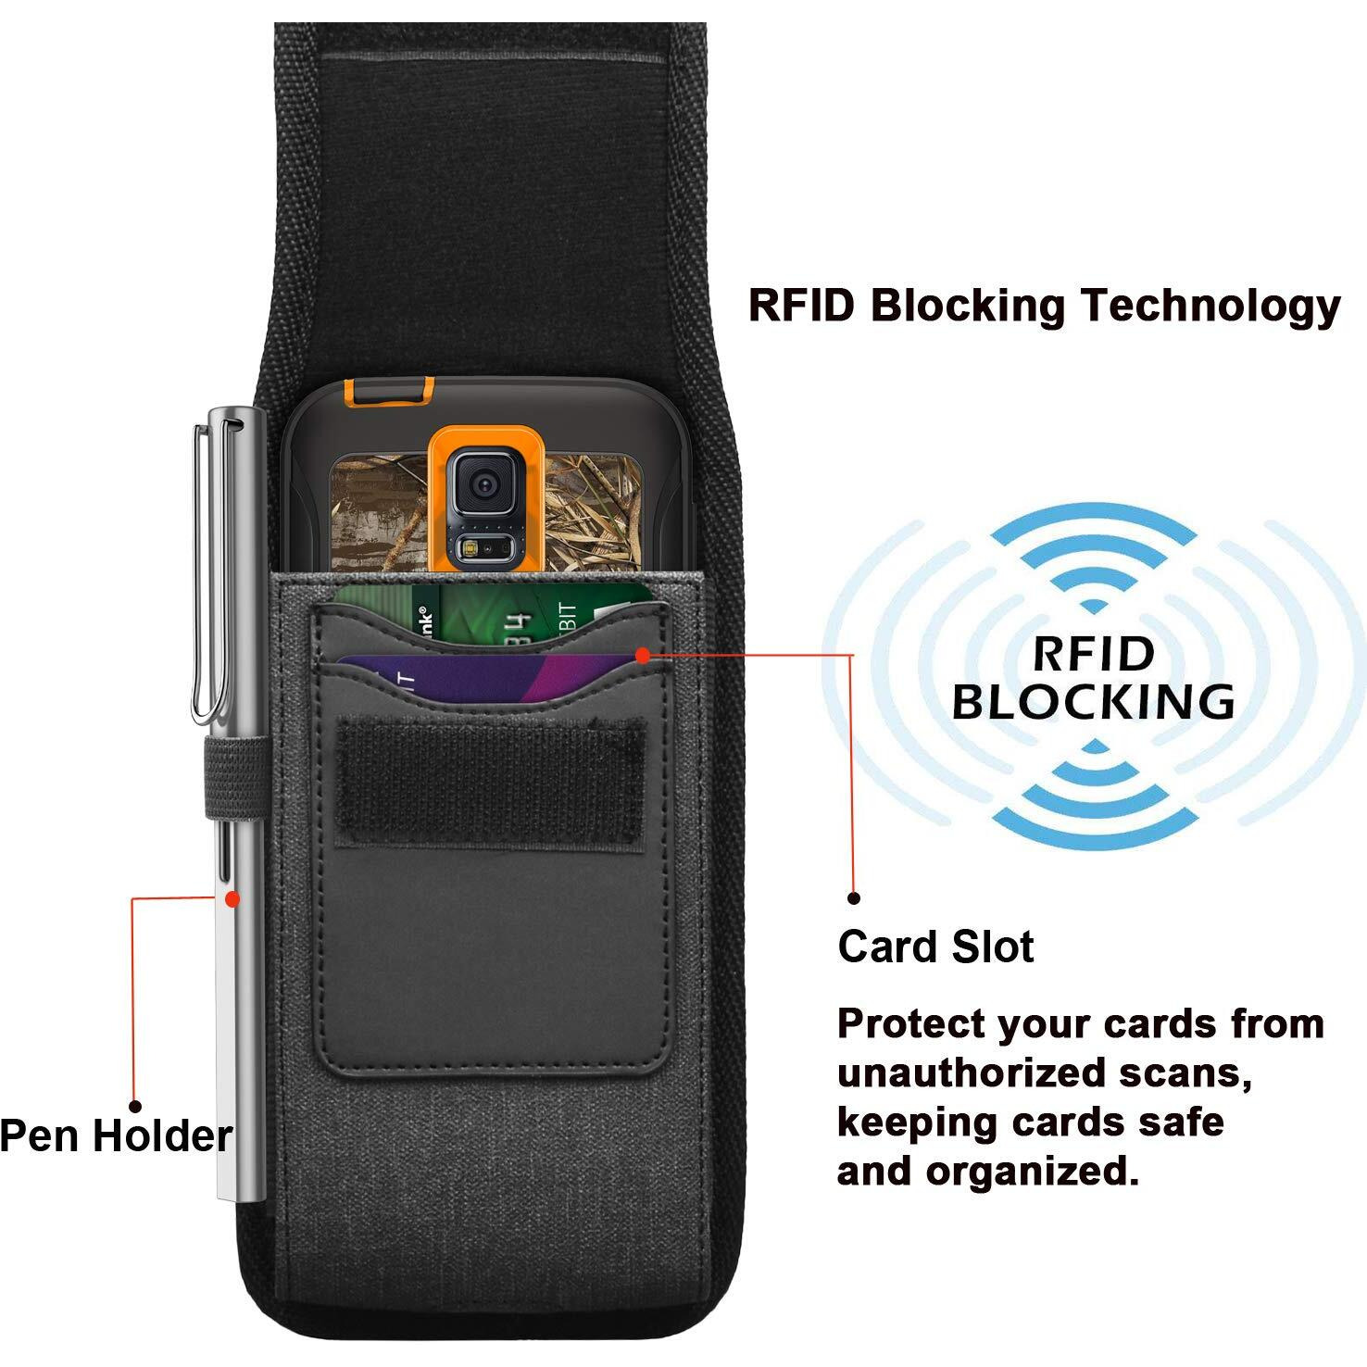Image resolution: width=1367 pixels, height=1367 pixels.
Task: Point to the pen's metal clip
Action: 202,574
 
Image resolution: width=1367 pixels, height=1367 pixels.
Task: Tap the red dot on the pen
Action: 232,898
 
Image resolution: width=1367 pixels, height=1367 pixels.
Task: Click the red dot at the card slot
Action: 643,656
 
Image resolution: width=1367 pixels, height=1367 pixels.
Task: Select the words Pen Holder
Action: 115,1136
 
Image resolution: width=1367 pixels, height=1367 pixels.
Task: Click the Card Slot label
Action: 935,947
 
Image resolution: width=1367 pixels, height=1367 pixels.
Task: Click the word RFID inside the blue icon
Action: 1094,654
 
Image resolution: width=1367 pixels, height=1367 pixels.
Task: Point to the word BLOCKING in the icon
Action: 1094,701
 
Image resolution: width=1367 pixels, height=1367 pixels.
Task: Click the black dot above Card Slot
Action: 854,897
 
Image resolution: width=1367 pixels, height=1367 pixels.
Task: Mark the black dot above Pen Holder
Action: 135,1106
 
